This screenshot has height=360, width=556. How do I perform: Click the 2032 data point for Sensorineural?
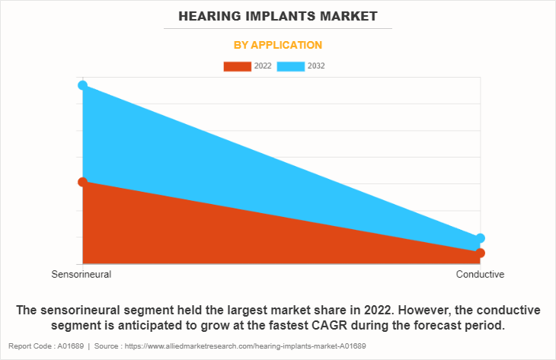click(82, 85)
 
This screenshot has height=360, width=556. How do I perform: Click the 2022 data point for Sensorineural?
click(82, 182)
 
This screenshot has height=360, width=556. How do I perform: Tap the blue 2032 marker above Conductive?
click(480, 238)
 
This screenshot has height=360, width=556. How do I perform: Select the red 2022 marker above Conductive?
click(480, 253)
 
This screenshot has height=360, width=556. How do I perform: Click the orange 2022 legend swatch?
click(237, 66)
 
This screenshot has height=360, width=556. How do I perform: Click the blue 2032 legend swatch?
click(291, 66)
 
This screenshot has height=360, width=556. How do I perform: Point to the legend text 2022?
click(263, 66)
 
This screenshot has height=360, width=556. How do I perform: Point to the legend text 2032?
click(317, 66)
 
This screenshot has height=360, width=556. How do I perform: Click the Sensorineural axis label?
click(81, 274)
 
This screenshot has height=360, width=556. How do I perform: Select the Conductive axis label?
click(480, 274)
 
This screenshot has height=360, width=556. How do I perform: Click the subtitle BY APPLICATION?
click(278, 45)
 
